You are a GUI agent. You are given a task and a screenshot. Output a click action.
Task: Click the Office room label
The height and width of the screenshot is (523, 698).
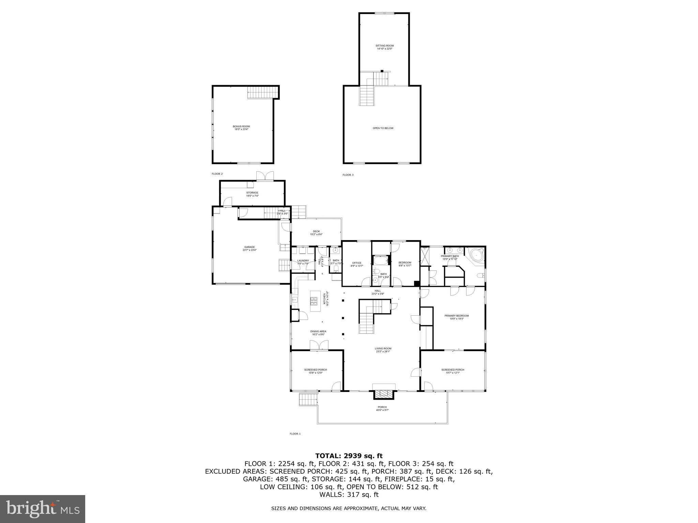coord(356,264)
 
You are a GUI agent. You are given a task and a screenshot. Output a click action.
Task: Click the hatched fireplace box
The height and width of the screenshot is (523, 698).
coord(384,394)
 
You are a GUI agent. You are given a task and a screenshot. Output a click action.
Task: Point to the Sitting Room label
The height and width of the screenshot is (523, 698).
coord(384,47)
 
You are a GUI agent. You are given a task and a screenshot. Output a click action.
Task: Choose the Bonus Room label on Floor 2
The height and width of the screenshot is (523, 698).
coord(241,128)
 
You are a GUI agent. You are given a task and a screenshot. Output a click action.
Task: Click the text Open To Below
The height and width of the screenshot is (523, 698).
coord(383,128)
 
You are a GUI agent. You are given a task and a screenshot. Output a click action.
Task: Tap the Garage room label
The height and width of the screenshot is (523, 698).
coord(249,249)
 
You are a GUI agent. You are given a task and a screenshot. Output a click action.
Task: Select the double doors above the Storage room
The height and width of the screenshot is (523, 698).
coord(265,176)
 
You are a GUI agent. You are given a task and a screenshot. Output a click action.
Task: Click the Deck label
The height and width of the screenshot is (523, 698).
coord(316,233)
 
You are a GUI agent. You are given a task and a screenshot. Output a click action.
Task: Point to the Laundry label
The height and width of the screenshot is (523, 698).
coord(303,262)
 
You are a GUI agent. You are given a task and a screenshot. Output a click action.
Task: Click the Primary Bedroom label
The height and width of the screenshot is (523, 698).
coord(456,317)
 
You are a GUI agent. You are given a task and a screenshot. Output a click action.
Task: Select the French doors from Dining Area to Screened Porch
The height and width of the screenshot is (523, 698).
coord(319,345)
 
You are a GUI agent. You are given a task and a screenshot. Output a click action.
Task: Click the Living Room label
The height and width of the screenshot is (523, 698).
coord(383,350)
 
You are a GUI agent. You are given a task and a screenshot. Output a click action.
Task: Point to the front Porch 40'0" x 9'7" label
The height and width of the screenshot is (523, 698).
coord(382,409)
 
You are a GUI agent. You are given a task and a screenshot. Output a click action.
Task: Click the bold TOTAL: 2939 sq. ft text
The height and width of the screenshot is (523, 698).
coord(349,456)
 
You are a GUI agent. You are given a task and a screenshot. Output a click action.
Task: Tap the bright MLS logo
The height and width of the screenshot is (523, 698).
coord(43,509)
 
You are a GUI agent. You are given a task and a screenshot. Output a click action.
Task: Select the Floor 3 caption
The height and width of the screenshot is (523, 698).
coord(348,175)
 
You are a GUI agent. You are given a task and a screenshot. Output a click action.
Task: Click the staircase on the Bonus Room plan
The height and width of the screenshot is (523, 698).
coord(260,92)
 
